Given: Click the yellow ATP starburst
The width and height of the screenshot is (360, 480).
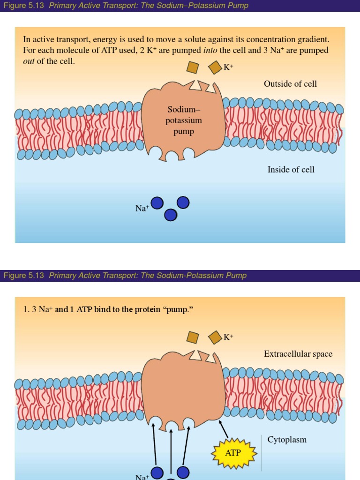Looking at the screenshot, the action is point(234,453).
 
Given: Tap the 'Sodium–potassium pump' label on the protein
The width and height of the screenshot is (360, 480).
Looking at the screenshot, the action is point(184,120).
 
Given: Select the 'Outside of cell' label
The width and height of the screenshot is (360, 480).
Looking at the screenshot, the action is point(290,84).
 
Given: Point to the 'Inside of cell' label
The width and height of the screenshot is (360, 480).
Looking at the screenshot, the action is point(291,170).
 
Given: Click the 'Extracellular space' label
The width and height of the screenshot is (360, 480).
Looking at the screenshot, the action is point(298,354).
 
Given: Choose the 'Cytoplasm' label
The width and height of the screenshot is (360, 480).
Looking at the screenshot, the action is point(287,440).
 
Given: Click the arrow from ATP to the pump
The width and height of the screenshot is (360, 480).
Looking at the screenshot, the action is point(224,429).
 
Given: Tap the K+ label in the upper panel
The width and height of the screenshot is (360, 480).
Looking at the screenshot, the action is point(228,67).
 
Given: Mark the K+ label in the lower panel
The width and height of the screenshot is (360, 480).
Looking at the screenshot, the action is point(228,337).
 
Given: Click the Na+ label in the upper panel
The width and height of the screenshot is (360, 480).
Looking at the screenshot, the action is point(142,208).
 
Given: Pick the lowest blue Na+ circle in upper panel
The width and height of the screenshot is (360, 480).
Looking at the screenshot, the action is point(171,215).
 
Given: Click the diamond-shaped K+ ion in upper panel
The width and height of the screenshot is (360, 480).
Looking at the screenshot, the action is point(215,67).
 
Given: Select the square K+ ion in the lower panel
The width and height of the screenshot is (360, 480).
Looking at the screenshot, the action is point(193,337).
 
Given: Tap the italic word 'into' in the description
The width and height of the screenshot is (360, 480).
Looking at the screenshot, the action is point(210,50).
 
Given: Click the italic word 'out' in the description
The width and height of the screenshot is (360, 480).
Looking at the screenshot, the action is point(29,61).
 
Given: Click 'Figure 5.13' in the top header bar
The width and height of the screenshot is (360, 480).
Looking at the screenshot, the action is point(24,6).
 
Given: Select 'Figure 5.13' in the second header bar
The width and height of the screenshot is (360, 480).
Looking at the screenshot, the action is point(24,276).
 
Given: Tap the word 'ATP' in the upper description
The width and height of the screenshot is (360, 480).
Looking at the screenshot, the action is point(109,50).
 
